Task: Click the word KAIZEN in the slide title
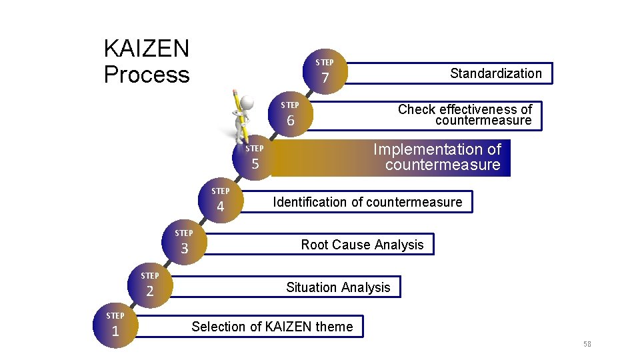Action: [x=147, y=49]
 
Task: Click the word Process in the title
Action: [x=147, y=75]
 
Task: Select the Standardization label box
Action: [x=495, y=73]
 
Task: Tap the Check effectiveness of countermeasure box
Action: [x=465, y=115]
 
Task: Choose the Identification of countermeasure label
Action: [x=367, y=202]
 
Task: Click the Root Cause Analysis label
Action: [x=362, y=245]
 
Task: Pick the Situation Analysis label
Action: [x=338, y=287]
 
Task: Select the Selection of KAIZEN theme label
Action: [x=272, y=327]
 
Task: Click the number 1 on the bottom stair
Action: [x=115, y=331]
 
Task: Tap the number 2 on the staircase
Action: [x=150, y=291]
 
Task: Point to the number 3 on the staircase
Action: [x=185, y=249]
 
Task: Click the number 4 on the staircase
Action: [x=221, y=207]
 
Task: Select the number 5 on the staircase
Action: [x=255, y=165]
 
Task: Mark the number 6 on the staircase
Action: [x=291, y=121]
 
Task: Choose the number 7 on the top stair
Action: [x=325, y=79]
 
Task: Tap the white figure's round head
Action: [x=248, y=102]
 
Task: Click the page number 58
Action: [x=587, y=344]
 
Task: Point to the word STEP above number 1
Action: [x=115, y=315]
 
